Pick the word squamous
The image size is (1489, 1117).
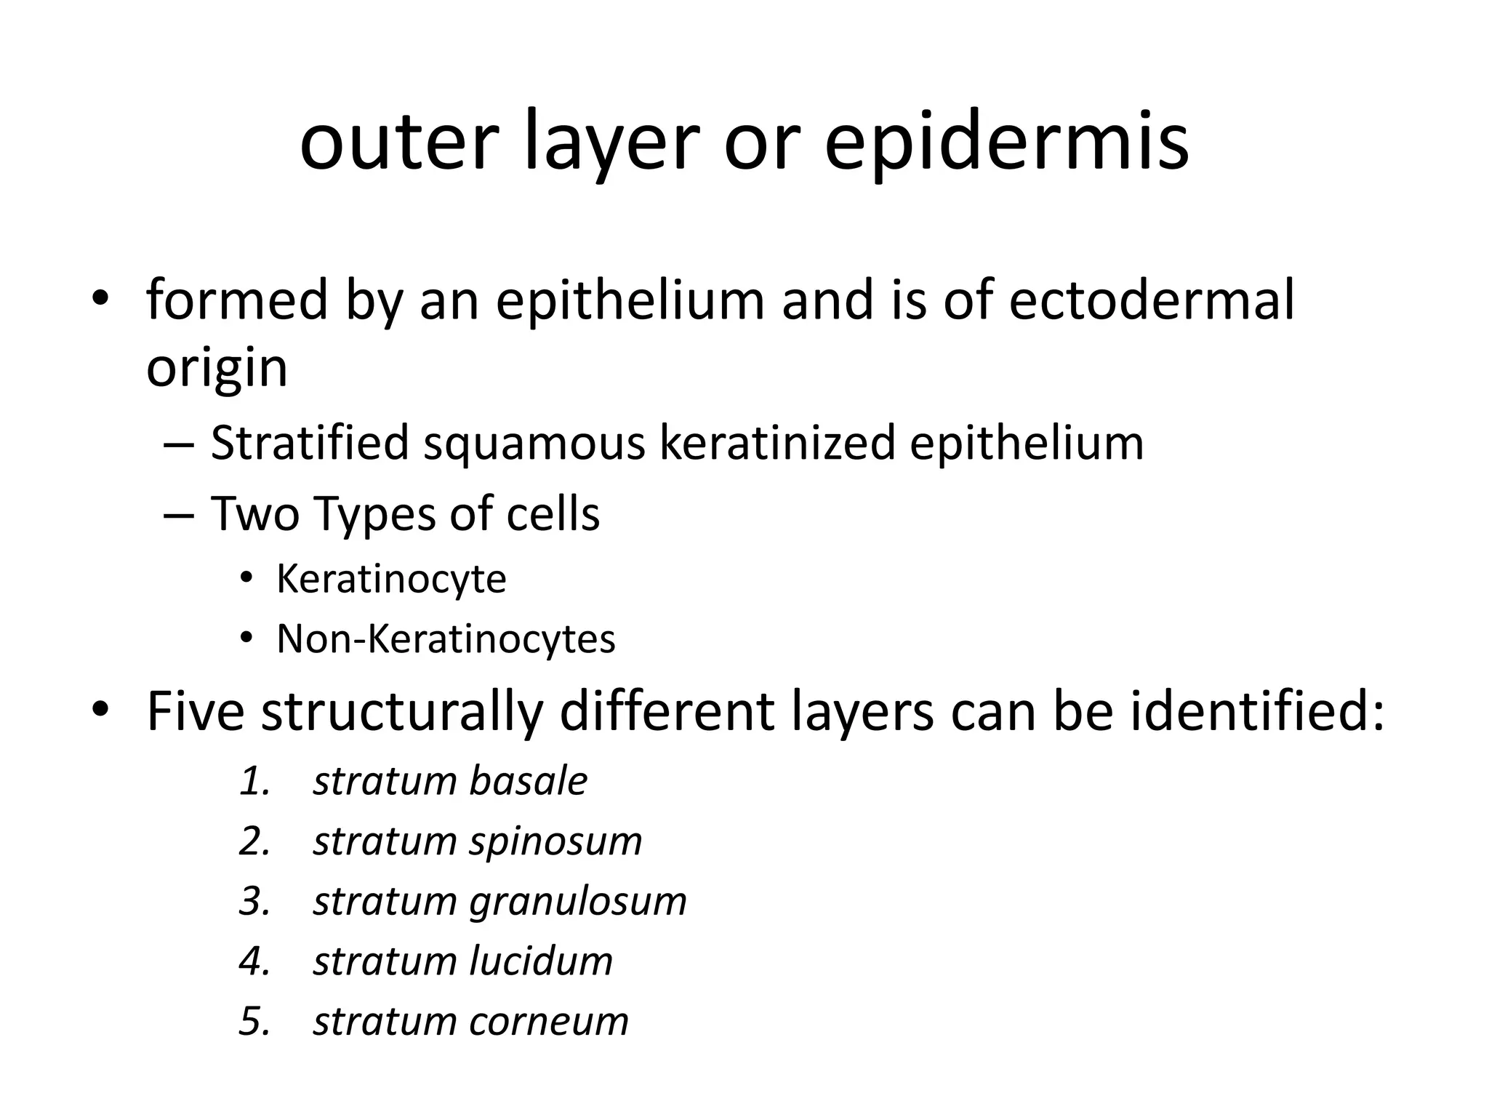534,444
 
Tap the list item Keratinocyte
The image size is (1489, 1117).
391,580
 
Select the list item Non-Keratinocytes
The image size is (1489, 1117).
446,640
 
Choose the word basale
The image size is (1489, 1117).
528,781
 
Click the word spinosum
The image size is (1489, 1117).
555,842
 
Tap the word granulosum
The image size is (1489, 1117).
578,902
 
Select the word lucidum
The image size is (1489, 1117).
541,961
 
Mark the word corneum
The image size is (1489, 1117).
549,1022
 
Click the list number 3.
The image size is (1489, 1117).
254,902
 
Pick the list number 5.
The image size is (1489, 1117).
254,1022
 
